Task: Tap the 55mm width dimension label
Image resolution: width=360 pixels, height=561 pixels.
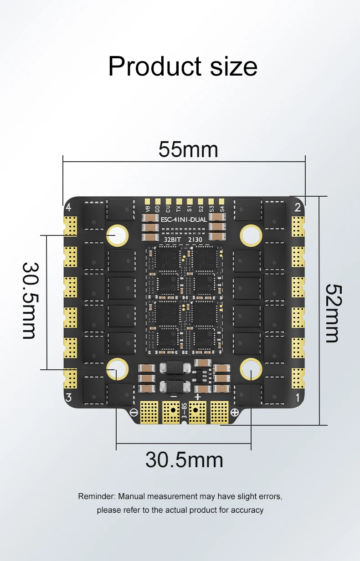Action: click(188, 150)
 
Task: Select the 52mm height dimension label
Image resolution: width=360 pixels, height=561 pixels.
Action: click(332, 313)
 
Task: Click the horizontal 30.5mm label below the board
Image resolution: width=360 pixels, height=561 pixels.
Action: click(184, 460)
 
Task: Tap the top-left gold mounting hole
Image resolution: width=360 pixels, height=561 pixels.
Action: click(117, 235)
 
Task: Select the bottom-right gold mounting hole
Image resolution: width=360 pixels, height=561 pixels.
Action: click(251, 368)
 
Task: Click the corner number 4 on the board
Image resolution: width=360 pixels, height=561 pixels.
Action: click(68, 208)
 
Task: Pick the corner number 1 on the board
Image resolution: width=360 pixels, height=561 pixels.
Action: click(298, 398)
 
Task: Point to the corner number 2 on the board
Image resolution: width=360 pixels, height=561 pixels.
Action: click(298, 208)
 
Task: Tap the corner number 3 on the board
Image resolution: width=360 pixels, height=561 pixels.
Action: click(68, 397)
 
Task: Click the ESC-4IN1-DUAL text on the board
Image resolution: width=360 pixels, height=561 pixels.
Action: click(184, 219)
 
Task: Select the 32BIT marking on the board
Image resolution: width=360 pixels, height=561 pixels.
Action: click(172, 240)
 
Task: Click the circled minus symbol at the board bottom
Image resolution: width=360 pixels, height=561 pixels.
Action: click(134, 413)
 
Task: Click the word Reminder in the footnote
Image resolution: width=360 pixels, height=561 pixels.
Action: click(97, 496)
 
